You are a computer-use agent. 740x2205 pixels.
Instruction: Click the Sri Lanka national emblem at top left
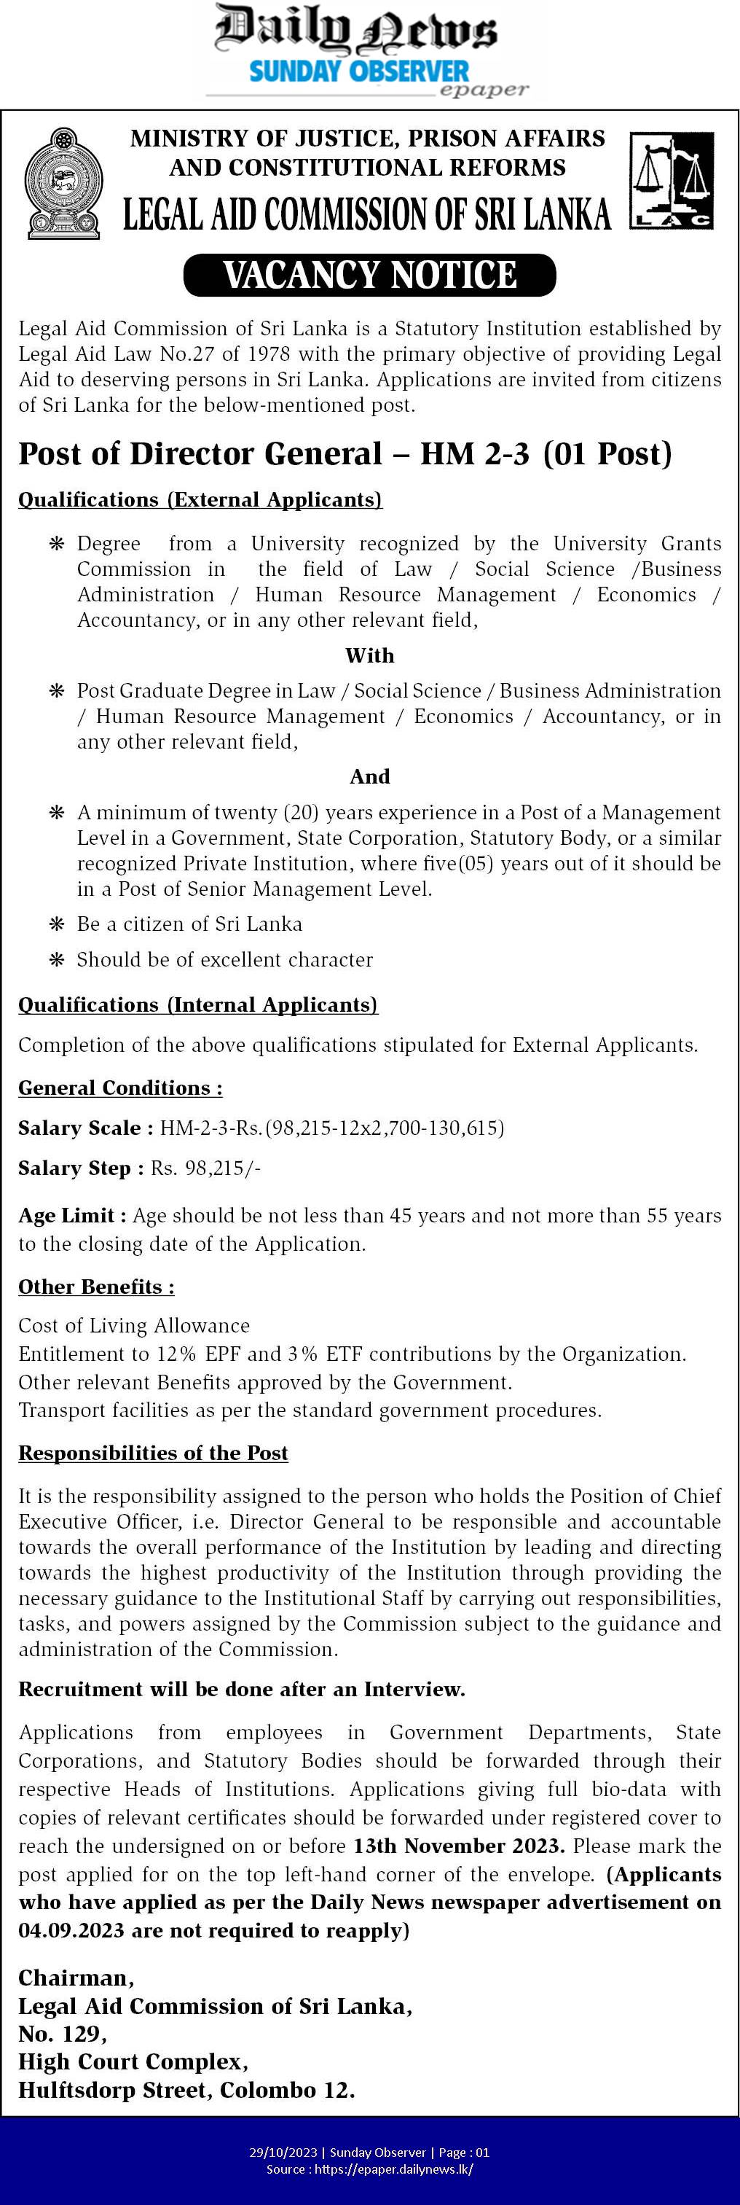click(x=63, y=183)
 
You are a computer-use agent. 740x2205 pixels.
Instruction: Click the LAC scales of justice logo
click(x=672, y=181)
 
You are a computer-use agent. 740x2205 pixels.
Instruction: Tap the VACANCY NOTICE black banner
click(x=369, y=276)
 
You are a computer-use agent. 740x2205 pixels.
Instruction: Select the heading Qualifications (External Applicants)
click(x=200, y=500)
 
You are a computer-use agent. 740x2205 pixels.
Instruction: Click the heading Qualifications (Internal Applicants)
click(x=197, y=1005)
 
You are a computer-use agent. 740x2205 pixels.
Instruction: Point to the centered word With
click(x=369, y=656)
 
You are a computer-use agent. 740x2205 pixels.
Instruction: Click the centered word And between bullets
click(x=369, y=776)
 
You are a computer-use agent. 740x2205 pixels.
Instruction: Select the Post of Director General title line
click(x=345, y=453)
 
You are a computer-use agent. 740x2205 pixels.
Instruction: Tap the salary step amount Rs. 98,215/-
click(x=205, y=1168)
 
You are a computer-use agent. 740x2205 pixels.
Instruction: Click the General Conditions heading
click(x=121, y=1088)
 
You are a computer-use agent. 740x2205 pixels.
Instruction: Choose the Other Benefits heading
click(x=97, y=1287)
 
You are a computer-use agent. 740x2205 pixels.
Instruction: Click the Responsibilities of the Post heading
click(x=153, y=1453)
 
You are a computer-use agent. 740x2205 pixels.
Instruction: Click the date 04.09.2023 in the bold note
click(x=70, y=1930)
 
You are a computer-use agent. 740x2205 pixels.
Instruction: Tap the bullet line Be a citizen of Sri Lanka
click(x=189, y=924)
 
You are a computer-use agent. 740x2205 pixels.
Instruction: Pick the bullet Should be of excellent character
click(x=224, y=959)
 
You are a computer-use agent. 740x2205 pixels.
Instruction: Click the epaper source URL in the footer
click(x=393, y=2169)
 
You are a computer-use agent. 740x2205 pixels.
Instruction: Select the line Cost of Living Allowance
click(x=134, y=1326)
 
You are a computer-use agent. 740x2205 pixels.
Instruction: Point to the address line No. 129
click(x=63, y=2034)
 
